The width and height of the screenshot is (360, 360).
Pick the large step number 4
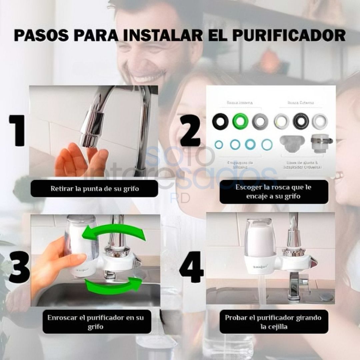coord(191,267)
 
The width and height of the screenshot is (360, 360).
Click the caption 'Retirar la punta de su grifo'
coord(94,189)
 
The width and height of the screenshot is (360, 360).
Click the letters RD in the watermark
coord(180,198)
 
